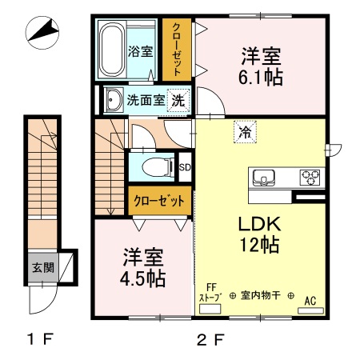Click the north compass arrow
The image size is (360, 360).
point(44,33)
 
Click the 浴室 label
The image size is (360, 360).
point(140,53)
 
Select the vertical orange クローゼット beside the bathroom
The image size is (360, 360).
point(177,48)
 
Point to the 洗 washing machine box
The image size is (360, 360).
point(181,101)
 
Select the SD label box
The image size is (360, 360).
point(185,167)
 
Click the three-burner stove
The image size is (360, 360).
point(310,178)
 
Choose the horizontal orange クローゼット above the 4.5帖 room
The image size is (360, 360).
point(160,200)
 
